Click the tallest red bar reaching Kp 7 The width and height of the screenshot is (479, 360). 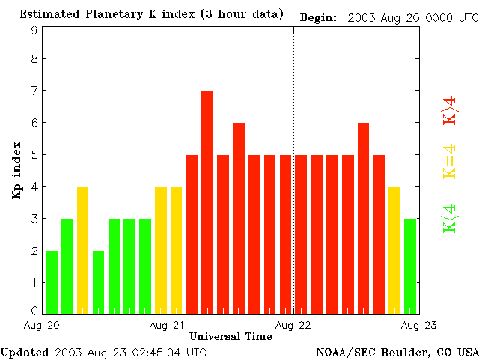[x=207, y=201]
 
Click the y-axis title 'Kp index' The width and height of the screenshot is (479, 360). [x=16, y=170]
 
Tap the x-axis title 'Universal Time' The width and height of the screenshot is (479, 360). [x=231, y=336]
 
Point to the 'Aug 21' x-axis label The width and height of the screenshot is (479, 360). [x=168, y=325]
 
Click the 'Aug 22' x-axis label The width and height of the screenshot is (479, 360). [x=293, y=325]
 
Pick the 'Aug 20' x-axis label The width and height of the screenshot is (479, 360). [x=42, y=325]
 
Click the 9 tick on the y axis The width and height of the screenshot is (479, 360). [x=34, y=31]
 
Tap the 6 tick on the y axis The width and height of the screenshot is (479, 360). [x=34, y=122]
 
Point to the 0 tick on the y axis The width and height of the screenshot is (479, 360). [x=34, y=310]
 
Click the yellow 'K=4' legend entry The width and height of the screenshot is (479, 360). [x=450, y=161]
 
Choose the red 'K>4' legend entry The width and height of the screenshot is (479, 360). [x=450, y=110]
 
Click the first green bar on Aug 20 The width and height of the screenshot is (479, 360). [x=52, y=282]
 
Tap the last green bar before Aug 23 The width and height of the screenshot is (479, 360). [x=410, y=265]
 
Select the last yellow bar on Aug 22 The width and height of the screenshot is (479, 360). [x=394, y=250]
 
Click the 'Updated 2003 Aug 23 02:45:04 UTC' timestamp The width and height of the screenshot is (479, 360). [x=104, y=352]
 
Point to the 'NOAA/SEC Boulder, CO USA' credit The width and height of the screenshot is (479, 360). [x=397, y=352]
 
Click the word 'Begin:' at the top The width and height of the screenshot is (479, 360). [x=318, y=16]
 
